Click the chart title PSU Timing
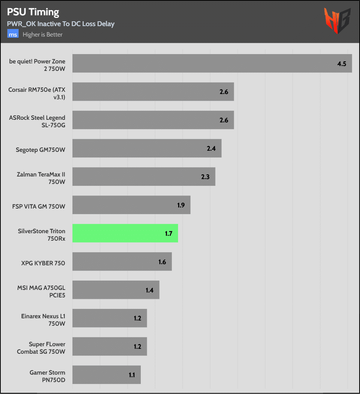(x=33, y=12)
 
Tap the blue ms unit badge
(x=13, y=35)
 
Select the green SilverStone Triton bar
(x=125, y=233)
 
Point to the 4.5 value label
(x=342, y=64)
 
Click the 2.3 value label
(x=205, y=177)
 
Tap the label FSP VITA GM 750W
(x=39, y=205)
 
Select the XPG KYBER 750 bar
(x=122, y=262)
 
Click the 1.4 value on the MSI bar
(x=149, y=290)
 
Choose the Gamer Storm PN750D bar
(x=106, y=375)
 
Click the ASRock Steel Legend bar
(x=153, y=120)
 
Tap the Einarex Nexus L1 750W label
(x=43, y=320)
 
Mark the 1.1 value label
(x=132, y=375)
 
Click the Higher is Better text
(x=43, y=35)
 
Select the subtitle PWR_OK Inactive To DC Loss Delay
(x=60, y=24)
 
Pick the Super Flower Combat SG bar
(x=109, y=347)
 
